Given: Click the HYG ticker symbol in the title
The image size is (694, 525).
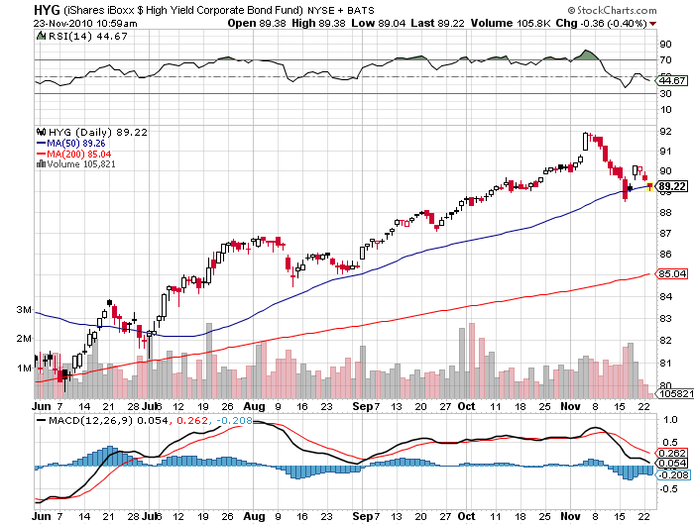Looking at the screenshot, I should coord(16,8).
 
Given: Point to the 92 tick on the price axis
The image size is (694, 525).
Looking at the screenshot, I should coord(663,130).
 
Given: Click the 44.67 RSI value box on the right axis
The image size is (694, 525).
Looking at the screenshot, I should coord(671,80).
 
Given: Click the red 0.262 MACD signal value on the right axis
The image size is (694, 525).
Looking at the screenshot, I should coord(671,453).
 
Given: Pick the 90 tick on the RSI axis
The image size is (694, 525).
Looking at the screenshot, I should coord(663,44).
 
